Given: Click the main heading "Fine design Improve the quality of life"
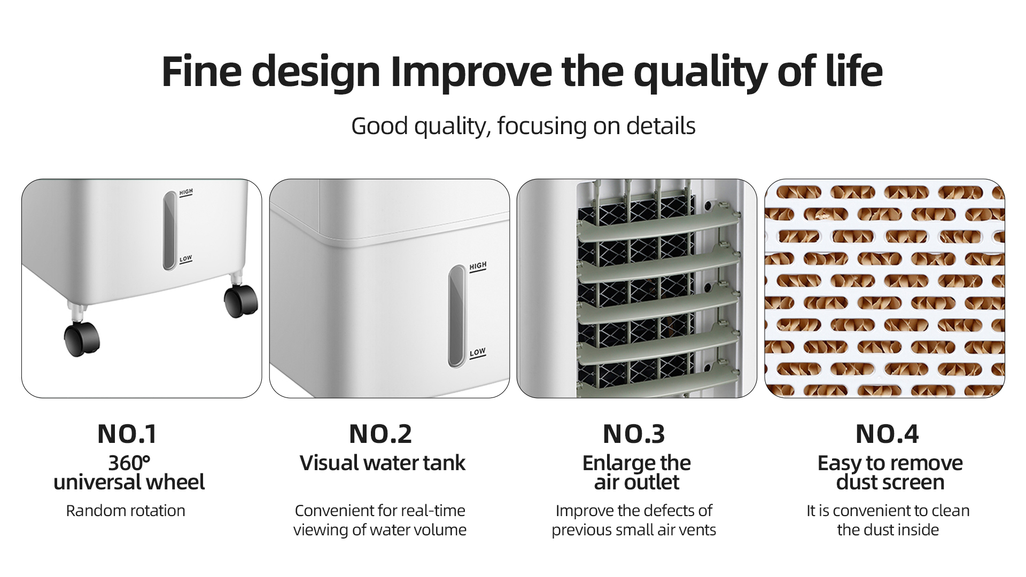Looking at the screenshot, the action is [522, 72].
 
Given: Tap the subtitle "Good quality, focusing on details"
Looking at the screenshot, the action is [523, 126].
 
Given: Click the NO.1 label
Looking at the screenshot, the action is [127, 434].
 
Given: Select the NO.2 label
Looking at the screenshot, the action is [380, 434].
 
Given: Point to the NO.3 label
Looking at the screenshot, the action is [634, 434].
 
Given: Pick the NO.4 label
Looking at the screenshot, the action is [887, 434].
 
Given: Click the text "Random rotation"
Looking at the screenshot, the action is [126, 511].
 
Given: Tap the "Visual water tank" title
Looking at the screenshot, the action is [383, 463].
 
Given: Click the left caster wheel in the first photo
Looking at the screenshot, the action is [82, 339].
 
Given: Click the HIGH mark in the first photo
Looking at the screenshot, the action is [186, 192].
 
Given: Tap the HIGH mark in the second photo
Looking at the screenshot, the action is [478, 267].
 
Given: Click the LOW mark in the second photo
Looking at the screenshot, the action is [477, 353].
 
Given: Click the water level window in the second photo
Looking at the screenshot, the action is [456, 316].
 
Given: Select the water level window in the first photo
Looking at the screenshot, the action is [169, 230].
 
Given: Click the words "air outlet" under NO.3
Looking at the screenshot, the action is [636, 482].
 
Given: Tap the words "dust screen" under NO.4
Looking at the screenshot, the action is [890, 482].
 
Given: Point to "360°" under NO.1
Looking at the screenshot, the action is [129, 463].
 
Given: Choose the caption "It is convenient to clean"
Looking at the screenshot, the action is [888, 511].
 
